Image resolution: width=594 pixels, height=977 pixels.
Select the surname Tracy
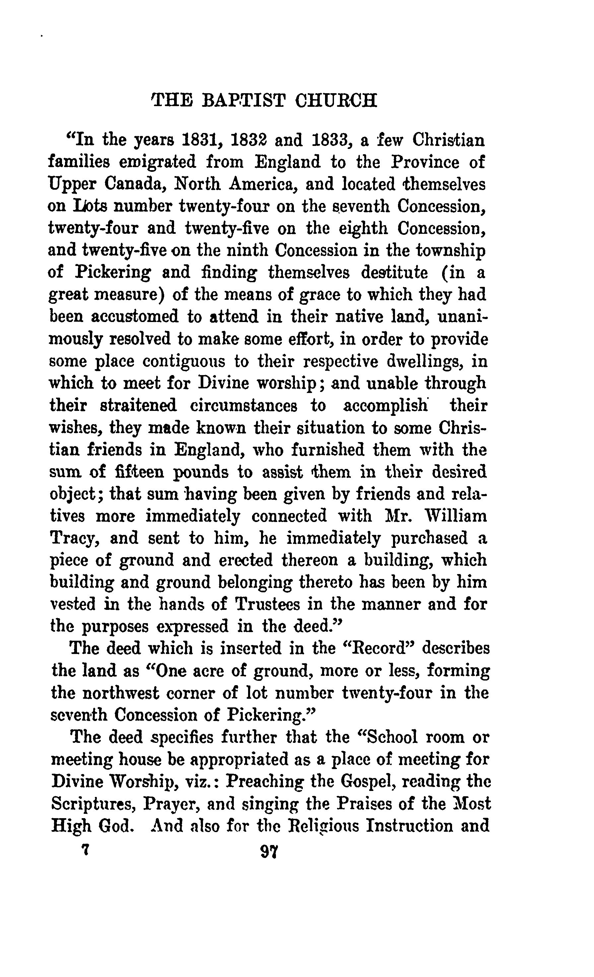pos(73,539)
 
